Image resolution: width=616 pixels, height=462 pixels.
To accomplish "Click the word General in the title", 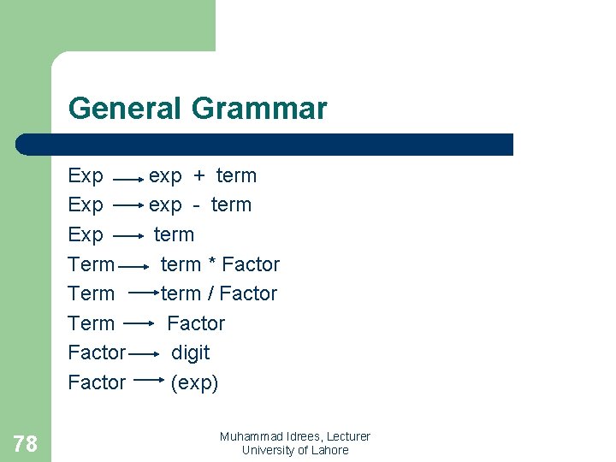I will tap(125, 110).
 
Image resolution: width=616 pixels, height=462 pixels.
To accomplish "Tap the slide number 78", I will tap(26, 443).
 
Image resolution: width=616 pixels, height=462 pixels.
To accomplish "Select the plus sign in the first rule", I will tap(198, 176).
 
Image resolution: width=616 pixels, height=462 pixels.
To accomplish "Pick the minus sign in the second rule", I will tap(196, 205).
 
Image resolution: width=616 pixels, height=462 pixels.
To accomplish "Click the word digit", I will tap(190, 352).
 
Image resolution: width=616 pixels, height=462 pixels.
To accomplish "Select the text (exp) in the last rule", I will tap(194, 382).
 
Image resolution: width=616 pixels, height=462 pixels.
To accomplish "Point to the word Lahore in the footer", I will tap(329, 450).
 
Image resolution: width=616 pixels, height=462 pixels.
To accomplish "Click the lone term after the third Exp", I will tap(174, 234).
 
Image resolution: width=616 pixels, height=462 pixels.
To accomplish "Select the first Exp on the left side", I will tap(86, 176).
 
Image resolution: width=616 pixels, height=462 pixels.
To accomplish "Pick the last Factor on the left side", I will tap(97, 382).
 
